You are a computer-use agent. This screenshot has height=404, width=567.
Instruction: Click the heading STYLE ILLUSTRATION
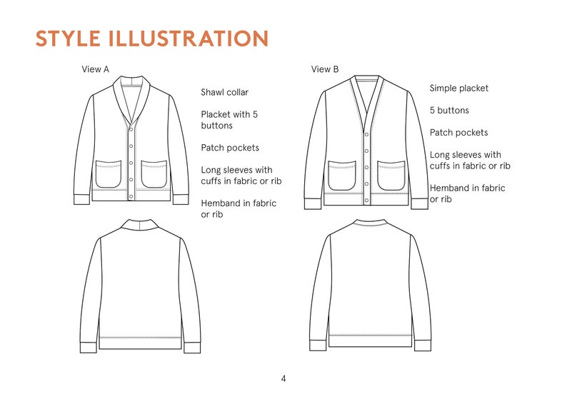pyautogui.click(x=151, y=39)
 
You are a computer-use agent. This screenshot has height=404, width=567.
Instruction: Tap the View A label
pyautogui.click(x=96, y=69)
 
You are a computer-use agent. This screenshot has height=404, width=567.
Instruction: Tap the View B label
pyautogui.click(x=325, y=69)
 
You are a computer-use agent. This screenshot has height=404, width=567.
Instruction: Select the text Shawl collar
pyautogui.click(x=224, y=92)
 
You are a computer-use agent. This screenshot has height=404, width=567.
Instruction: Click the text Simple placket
pyautogui.click(x=458, y=88)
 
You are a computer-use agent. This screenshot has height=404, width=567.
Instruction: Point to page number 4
pyautogui.click(x=283, y=378)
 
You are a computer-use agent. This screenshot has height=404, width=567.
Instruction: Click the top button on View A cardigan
pyautogui.click(x=131, y=131)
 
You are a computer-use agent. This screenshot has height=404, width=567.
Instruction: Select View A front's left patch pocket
pyautogui.click(x=109, y=173)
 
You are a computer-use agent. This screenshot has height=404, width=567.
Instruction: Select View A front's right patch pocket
pyautogui.click(x=154, y=173)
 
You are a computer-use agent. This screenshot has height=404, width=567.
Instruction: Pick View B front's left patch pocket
pyautogui.click(x=342, y=176)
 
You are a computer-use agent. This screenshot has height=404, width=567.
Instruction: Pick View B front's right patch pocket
pyautogui.click(x=391, y=176)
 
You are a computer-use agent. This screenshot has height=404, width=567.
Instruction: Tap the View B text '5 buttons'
pyautogui.click(x=449, y=111)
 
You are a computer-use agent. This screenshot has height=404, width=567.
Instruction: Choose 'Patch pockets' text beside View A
pyautogui.click(x=229, y=148)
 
